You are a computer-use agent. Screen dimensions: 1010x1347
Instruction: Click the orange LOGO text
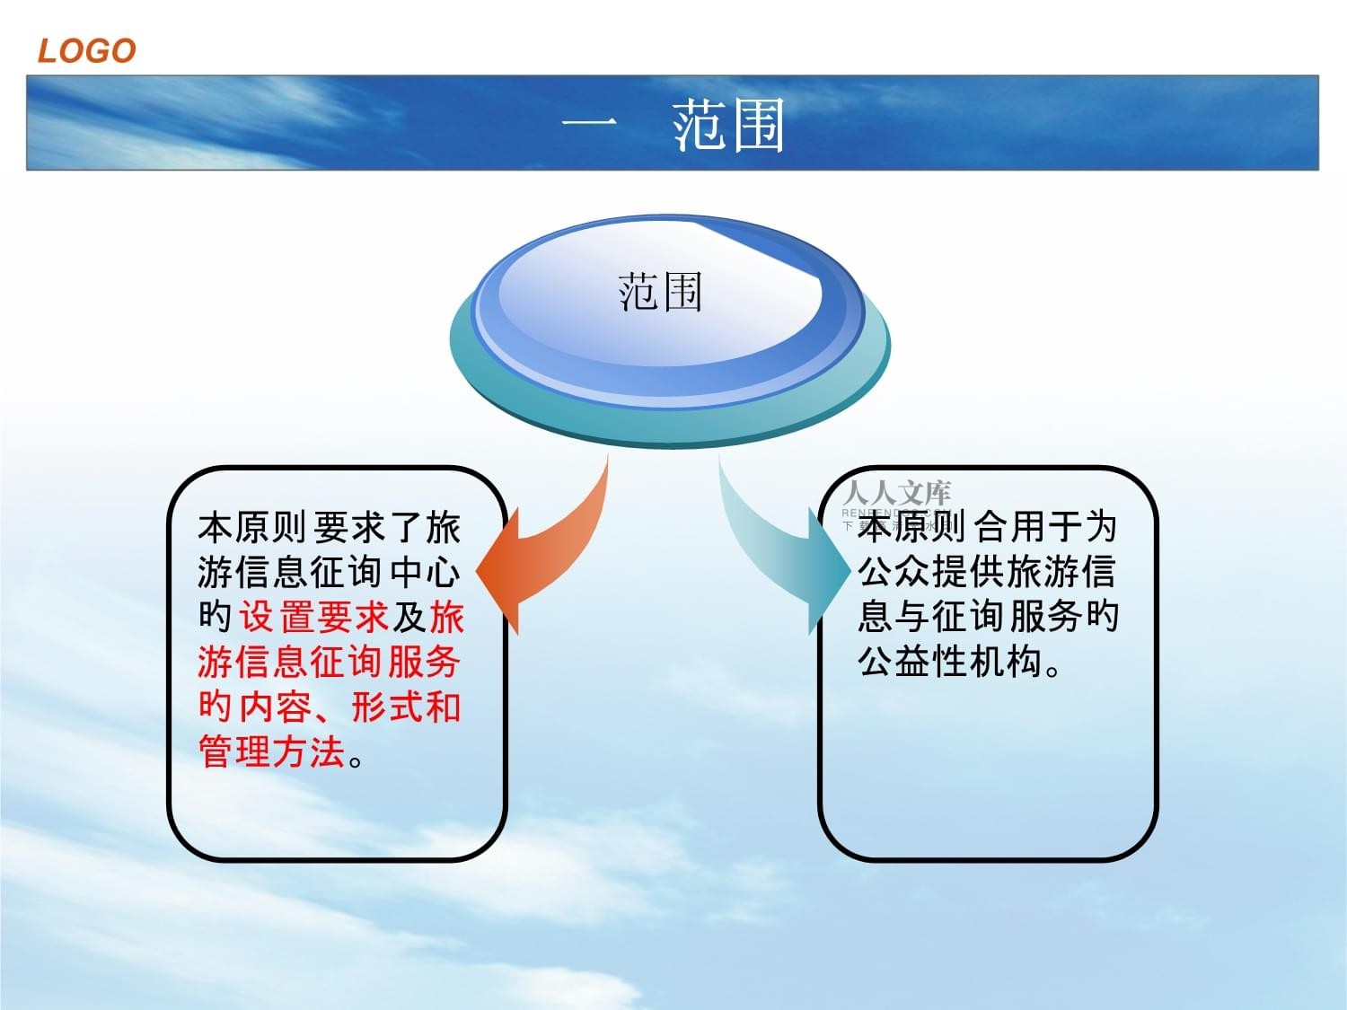click(x=86, y=51)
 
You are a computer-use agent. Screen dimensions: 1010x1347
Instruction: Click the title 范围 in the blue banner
click(x=728, y=125)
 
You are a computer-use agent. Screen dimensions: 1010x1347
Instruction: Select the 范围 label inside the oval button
click(x=660, y=293)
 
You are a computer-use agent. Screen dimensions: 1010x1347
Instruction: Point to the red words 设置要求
click(x=313, y=618)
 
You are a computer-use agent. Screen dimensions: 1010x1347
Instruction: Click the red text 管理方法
click(x=272, y=752)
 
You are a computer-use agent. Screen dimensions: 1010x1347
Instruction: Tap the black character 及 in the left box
click(x=409, y=618)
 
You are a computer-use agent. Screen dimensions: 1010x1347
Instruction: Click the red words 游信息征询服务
click(x=329, y=663)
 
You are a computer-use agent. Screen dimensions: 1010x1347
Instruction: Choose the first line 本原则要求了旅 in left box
click(x=329, y=528)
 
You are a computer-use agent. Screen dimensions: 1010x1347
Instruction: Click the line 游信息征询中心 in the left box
click(x=329, y=573)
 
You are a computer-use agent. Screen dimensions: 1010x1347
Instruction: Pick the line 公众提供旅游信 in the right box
click(x=986, y=571)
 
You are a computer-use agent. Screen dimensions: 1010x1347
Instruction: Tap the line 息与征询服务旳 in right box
click(x=988, y=616)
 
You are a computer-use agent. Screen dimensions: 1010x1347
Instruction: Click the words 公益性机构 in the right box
click(x=950, y=663)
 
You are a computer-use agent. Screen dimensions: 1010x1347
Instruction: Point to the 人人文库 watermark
click(x=896, y=493)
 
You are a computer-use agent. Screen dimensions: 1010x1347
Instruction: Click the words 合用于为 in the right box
click(x=1045, y=526)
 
